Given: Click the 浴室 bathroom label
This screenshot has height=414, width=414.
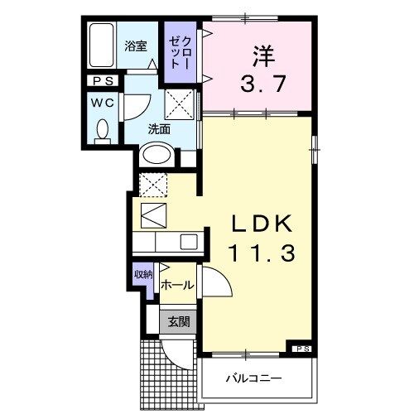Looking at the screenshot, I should pyautogui.click(x=137, y=47).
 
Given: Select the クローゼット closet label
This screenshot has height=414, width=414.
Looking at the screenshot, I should pyautogui.click(x=181, y=52).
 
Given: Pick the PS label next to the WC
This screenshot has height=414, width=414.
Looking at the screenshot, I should pyautogui.click(x=103, y=81).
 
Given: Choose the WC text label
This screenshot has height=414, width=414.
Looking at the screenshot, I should pyautogui.click(x=103, y=103).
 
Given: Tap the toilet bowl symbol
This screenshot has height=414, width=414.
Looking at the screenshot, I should pyautogui.click(x=103, y=131).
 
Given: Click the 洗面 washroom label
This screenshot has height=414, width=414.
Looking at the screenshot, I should pyautogui.click(x=159, y=129).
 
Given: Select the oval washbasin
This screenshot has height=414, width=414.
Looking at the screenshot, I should pyautogui.click(x=156, y=154).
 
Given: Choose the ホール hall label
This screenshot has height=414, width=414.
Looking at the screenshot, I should pyautogui.click(x=177, y=285).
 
